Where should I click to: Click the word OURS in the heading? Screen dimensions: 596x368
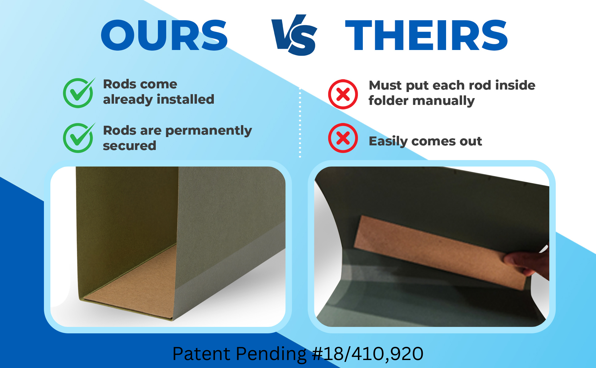[164, 35]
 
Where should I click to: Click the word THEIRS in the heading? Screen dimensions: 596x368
[426, 35]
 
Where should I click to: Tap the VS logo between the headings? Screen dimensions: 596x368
[294, 35]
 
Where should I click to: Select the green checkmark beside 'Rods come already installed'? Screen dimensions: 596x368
[79, 93]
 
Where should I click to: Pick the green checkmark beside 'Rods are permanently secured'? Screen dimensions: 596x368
[79, 138]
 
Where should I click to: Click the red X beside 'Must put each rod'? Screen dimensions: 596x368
[343, 94]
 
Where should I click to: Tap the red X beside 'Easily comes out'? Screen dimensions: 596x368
[343, 138]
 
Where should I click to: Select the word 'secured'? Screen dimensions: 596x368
[129, 146]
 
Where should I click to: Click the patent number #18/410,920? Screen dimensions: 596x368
[367, 354]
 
